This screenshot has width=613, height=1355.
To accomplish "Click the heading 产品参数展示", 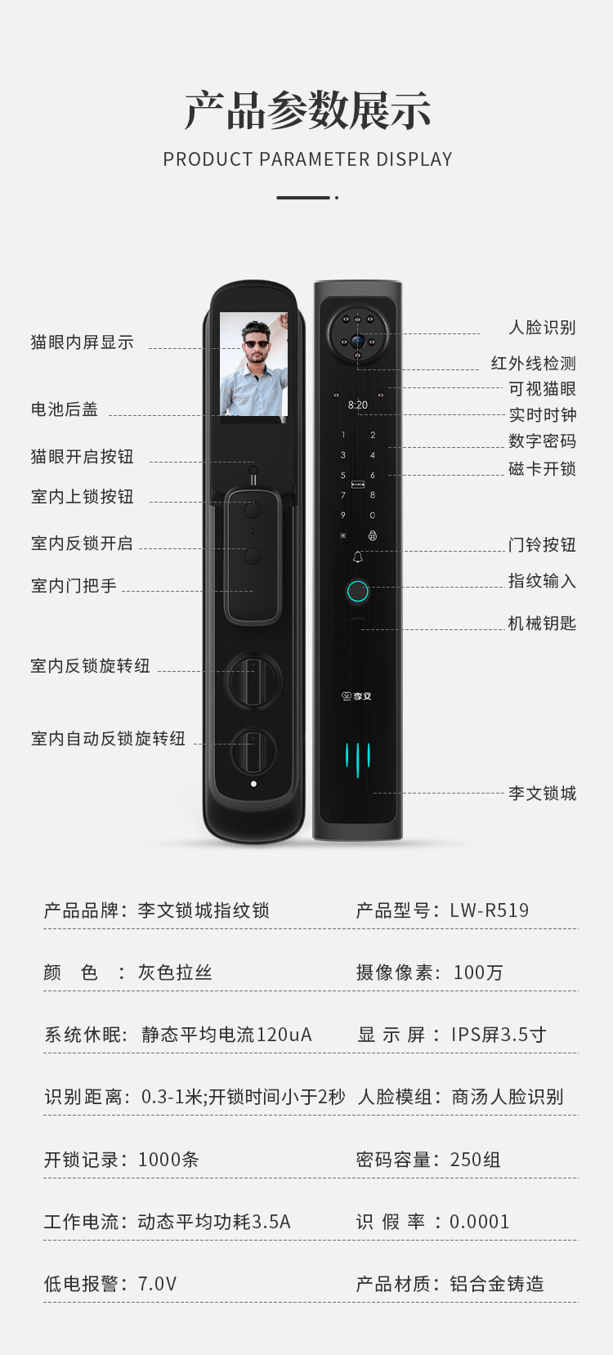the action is [x=307, y=110].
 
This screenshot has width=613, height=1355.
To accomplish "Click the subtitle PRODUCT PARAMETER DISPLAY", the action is [x=307, y=159].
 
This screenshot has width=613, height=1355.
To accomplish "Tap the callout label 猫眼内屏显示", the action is [x=83, y=342].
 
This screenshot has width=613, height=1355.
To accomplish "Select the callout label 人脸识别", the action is [x=542, y=327].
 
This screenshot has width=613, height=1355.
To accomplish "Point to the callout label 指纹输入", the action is [x=542, y=581].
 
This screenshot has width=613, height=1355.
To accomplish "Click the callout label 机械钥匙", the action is [x=542, y=624].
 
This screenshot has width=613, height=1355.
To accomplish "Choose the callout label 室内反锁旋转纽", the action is [x=90, y=666].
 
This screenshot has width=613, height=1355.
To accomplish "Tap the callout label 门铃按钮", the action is [x=542, y=545].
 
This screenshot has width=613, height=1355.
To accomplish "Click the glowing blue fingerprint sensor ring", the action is [x=358, y=592].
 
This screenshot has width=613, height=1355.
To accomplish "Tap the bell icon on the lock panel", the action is [x=358, y=557].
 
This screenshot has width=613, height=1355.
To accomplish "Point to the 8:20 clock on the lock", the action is [x=358, y=405].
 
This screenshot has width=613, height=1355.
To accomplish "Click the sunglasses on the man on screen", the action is [x=256, y=344].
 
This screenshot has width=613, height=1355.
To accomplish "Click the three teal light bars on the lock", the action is [x=358, y=759].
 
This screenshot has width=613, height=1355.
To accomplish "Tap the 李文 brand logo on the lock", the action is [x=357, y=696].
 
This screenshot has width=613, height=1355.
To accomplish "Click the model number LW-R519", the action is [x=489, y=910].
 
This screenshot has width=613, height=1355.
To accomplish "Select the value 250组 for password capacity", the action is [x=475, y=1160].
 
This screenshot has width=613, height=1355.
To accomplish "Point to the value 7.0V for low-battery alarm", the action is [x=157, y=1283].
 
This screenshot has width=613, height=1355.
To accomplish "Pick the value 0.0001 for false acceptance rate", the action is [x=479, y=1221].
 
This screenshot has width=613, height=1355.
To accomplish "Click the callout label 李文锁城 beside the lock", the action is [x=542, y=793].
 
